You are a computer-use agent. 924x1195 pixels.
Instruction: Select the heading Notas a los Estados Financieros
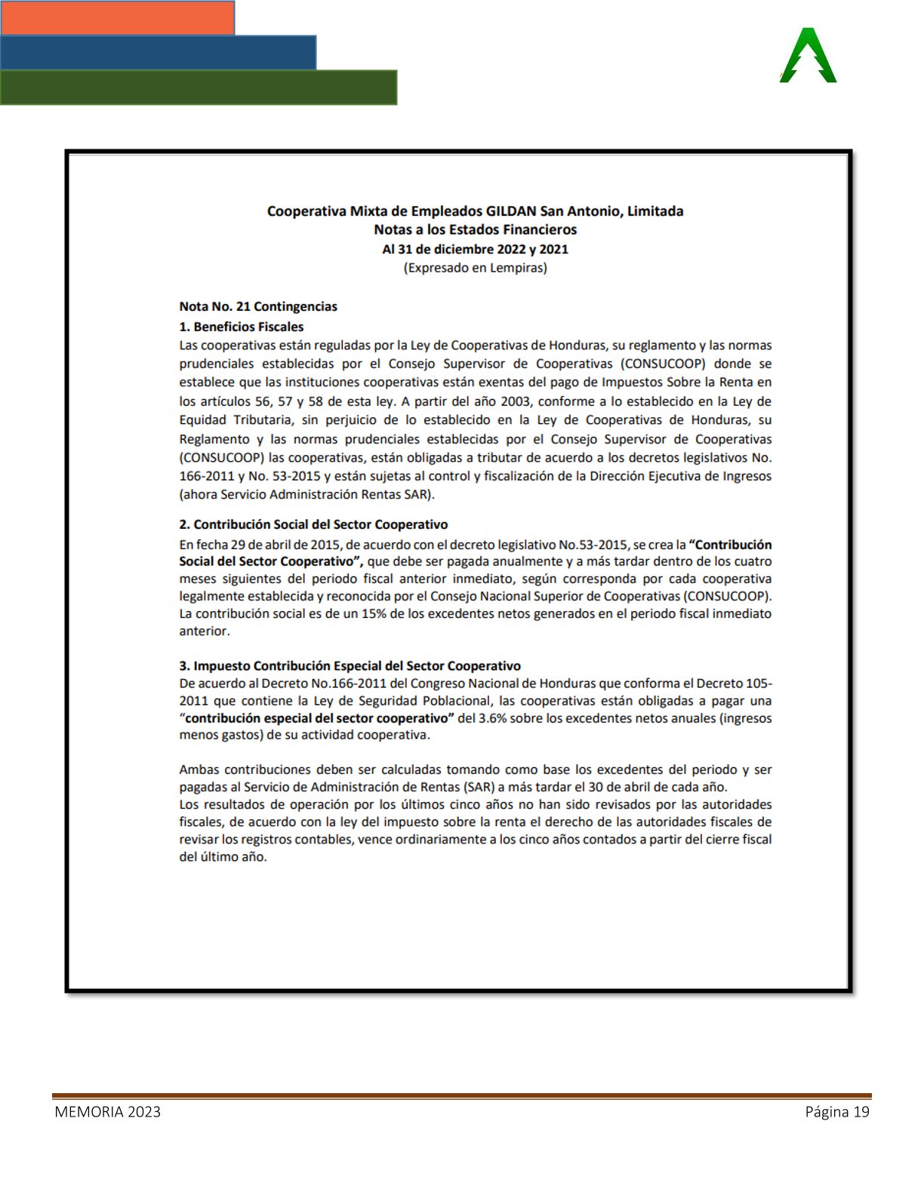pyautogui.click(x=475, y=229)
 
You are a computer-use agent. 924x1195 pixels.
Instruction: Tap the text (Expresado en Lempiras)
pyautogui.click(x=475, y=268)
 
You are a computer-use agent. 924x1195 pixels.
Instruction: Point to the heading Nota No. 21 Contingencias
pyautogui.click(x=258, y=306)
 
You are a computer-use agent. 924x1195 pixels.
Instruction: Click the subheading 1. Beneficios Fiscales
pyautogui.click(x=242, y=327)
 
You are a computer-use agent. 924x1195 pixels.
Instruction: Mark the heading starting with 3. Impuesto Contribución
pyautogui.click(x=350, y=666)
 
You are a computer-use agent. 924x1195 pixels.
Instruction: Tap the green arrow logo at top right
pyautogui.click(x=808, y=57)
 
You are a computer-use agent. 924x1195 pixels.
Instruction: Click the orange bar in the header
pyautogui.click(x=118, y=17)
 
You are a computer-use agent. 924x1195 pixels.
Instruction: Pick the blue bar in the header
pyautogui.click(x=158, y=52)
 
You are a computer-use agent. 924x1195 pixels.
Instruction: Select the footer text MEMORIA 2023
pyautogui.click(x=107, y=1112)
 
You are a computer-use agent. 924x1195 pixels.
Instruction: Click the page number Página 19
pyautogui.click(x=837, y=1112)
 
